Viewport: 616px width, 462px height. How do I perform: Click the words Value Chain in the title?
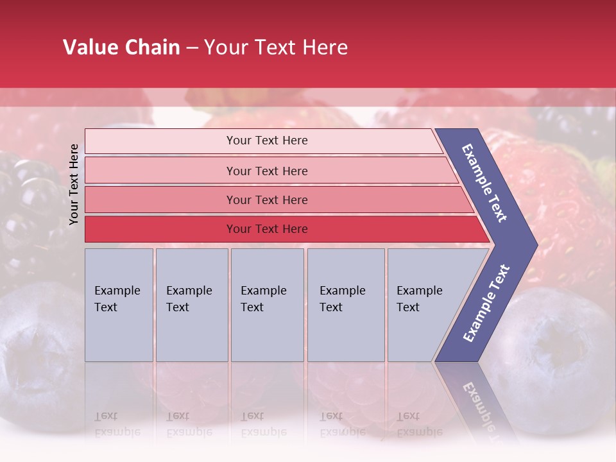pyautogui.click(x=121, y=47)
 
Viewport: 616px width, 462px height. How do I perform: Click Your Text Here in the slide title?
pyautogui.click(x=276, y=47)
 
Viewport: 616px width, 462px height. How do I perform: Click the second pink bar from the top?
pyautogui.click(x=266, y=171)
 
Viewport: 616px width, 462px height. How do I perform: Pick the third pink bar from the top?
pyautogui.click(x=266, y=200)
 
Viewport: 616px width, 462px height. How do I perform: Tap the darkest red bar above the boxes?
pyautogui.click(x=266, y=229)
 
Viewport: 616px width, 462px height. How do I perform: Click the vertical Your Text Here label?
pyautogui.click(x=74, y=184)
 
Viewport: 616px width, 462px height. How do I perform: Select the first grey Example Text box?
pyautogui.click(x=119, y=305)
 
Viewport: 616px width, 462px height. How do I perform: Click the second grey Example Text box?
pyautogui.click(x=191, y=305)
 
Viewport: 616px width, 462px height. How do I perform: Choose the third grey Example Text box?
pyautogui.click(x=266, y=305)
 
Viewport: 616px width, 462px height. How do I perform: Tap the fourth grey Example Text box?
pyautogui.click(x=345, y=305)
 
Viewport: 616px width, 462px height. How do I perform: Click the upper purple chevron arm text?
pyautogui.click(x=484, y=183)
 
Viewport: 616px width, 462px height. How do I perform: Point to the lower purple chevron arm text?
pyautogui.click(x=486, y=303)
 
